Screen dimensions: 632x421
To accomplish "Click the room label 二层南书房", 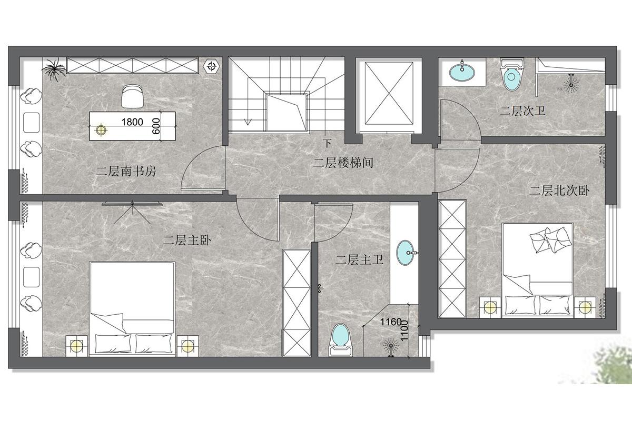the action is [126, 171].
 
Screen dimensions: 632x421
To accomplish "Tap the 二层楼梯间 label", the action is [343, 163].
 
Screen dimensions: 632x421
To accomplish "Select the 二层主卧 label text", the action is [187, 240].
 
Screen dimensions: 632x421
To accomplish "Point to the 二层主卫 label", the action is [359, 259].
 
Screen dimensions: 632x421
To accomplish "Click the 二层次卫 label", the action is [522, 111].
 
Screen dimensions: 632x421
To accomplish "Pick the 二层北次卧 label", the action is [559, 191].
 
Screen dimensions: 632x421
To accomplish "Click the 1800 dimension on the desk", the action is [132, 122].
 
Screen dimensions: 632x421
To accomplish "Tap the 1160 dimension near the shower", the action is [390, 322].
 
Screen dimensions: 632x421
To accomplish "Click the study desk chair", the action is [132, 96].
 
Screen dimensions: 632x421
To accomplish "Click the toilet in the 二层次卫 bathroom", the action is [511, 74].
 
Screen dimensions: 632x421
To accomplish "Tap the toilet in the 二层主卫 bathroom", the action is [341, 340].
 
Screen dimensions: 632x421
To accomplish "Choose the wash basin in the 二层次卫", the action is [462, 72].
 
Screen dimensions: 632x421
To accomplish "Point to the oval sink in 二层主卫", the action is [406, 253].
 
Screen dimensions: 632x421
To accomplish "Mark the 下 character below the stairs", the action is [327, 143].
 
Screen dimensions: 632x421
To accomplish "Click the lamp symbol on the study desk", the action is [101, 129].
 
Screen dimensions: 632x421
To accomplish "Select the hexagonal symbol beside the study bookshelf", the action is [211, 66].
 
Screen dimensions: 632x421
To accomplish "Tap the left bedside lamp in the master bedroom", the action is [76, 346].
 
